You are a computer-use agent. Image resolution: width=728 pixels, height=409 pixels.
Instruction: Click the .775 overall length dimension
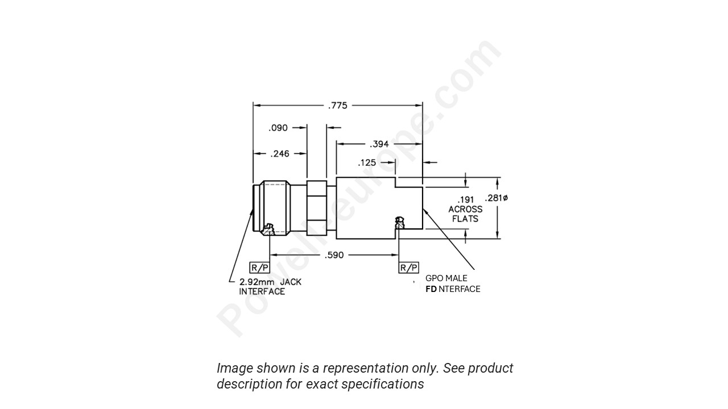337,105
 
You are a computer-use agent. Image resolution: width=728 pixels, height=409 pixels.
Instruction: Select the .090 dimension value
278,128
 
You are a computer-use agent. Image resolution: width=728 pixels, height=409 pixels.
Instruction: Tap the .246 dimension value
279,153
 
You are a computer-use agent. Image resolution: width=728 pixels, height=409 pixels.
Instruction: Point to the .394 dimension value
379,144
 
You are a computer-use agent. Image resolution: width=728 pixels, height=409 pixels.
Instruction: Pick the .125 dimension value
367,163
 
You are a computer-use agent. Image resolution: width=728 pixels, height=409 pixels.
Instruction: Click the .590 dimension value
334,255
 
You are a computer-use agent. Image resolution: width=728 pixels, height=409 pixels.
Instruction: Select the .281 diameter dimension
497,198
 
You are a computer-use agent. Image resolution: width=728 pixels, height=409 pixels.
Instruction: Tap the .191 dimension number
466,200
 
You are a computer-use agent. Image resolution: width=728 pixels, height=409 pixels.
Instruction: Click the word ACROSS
465,209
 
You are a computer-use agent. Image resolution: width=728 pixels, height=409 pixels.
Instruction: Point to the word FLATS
465,219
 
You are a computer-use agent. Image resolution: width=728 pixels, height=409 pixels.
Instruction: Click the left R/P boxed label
259,268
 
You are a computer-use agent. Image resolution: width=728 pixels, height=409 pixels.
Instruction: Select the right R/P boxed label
408,268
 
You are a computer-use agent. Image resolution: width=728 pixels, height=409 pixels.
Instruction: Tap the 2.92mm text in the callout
257,282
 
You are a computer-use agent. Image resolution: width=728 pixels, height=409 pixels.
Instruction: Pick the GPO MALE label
446,278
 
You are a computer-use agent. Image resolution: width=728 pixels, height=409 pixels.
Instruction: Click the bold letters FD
431,289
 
